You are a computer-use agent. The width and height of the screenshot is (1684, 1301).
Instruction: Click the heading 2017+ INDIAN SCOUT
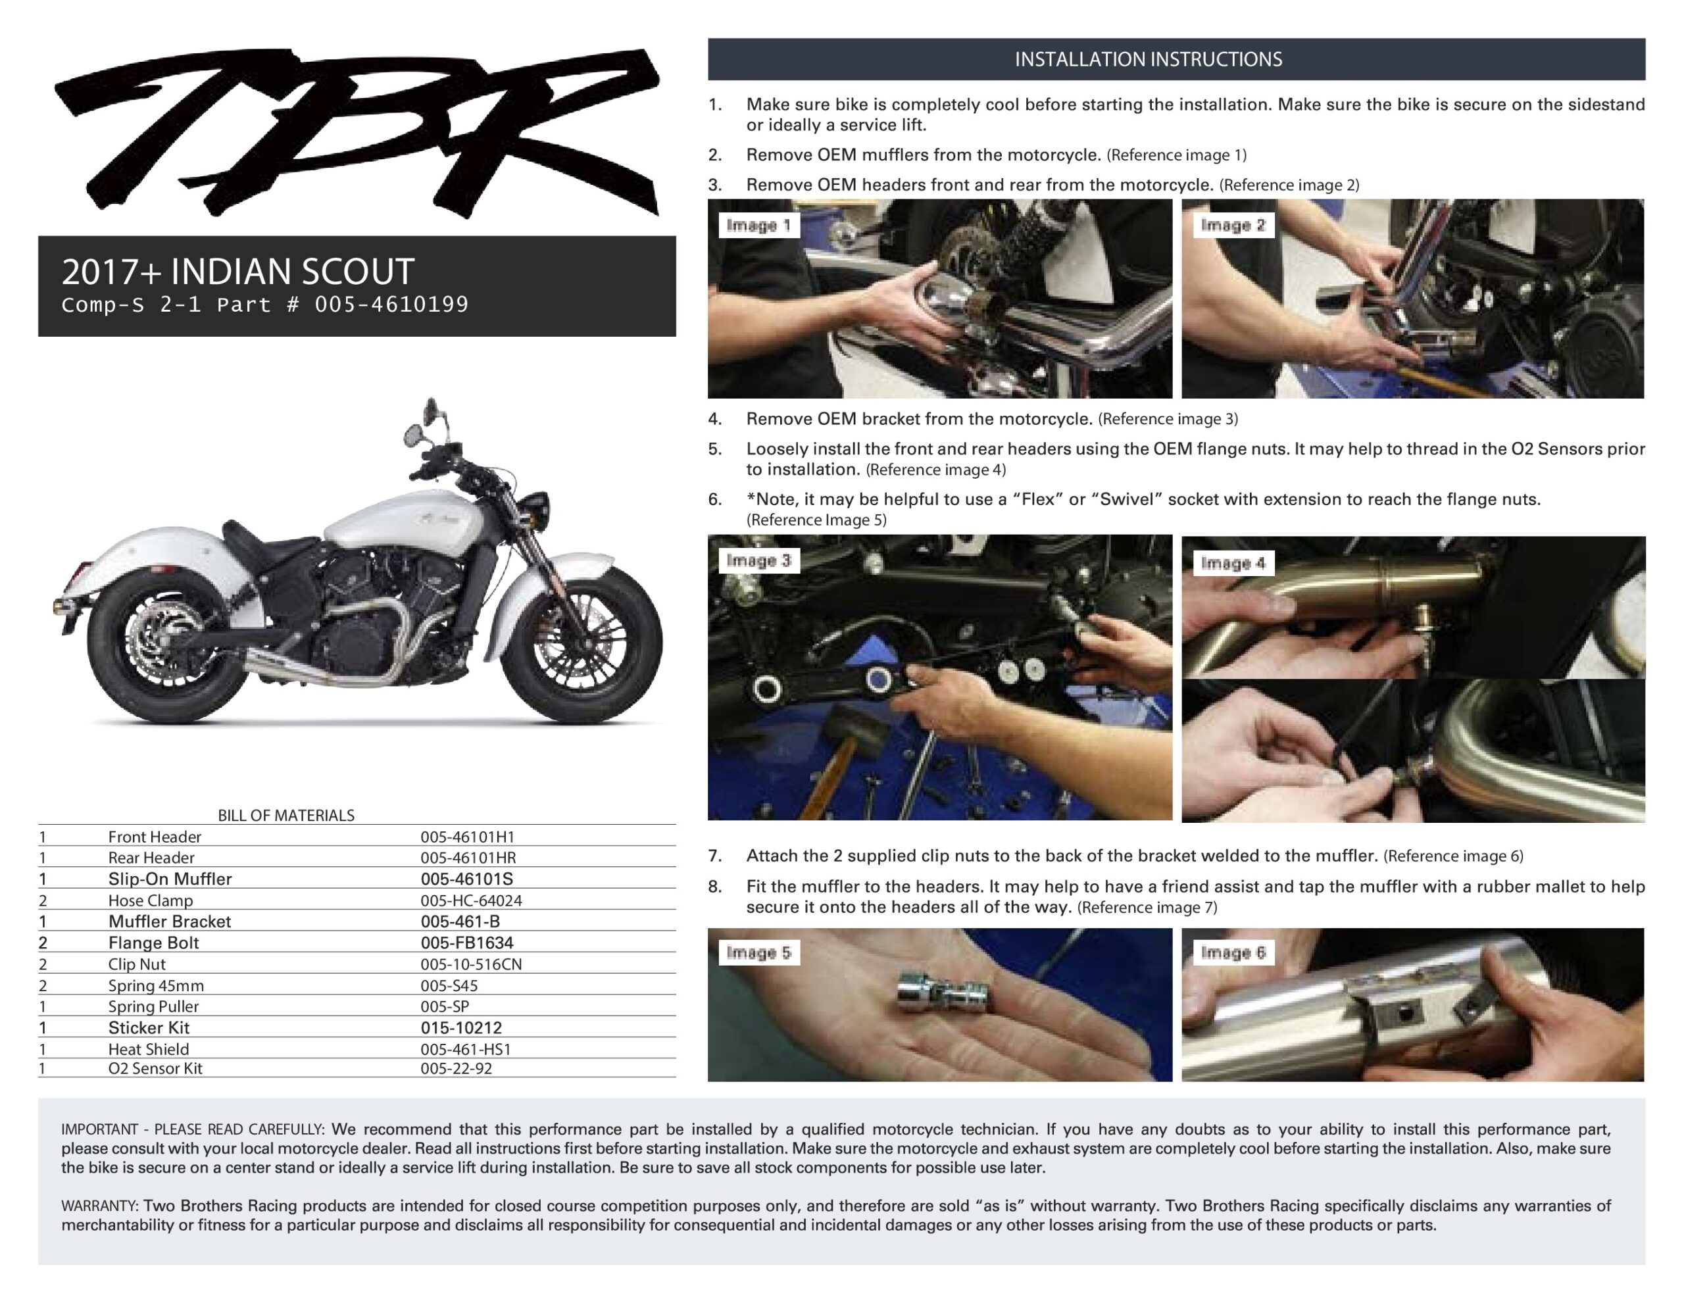tap(237, 272)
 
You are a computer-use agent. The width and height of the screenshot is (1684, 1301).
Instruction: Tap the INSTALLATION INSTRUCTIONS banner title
tap(1148, 59)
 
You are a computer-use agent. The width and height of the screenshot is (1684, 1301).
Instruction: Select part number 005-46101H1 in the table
tap(467, 837)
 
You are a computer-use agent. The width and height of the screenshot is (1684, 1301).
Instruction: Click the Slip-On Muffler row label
tap(170, 879)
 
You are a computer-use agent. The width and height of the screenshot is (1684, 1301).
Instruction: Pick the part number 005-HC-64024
tap(471, 900)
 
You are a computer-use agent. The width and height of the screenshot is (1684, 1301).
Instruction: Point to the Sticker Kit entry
tap(149, 1028)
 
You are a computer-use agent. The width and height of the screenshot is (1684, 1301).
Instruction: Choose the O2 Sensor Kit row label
tap(155, 1069)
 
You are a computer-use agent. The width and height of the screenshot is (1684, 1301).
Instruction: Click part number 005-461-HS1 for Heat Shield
tap(466, 1050)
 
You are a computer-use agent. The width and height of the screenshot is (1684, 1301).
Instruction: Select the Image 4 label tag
tap(1233, 563)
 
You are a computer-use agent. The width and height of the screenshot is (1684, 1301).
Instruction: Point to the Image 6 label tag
tap(1233, 952)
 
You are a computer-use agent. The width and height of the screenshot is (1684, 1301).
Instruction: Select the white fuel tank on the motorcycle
tap(397, 524)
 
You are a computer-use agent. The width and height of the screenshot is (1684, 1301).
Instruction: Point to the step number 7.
tap(715, 856)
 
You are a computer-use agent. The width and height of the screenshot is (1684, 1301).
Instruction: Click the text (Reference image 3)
tap(1168, 419)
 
